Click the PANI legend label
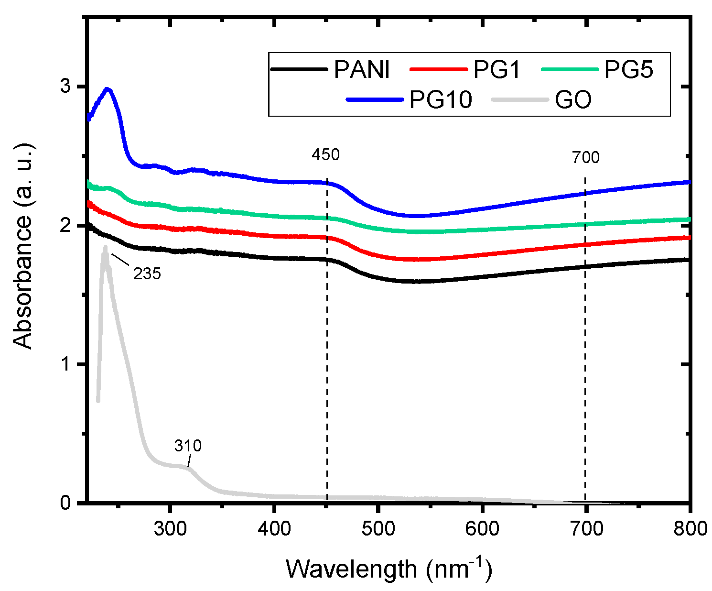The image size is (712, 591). coord(362,69)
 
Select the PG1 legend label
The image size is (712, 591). coord(496,69)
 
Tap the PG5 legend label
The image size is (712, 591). coord(628,69)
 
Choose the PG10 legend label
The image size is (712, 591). coord(441,100)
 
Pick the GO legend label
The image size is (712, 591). coord(573,100)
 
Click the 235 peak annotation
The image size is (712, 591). coord(147,274)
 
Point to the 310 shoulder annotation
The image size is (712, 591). coord(188,446)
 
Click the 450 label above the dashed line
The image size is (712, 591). coord(325,155)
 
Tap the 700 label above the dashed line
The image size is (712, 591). coord(585,157)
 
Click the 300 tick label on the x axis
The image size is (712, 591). coord(169,528)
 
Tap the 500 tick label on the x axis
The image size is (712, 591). coord(378,528)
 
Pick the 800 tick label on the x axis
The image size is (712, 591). coord(689,528)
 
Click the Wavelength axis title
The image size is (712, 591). coord(388,569)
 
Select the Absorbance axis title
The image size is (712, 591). coord(23,246)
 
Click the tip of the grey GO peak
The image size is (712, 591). coord(105,247)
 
